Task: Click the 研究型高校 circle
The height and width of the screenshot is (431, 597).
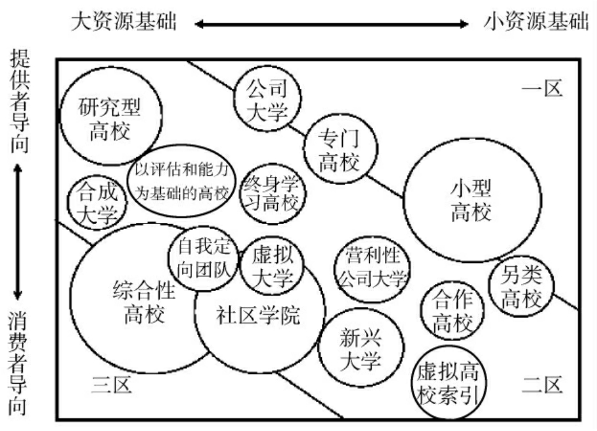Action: tap(105, 120)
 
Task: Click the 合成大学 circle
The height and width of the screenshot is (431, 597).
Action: tap(98, 202)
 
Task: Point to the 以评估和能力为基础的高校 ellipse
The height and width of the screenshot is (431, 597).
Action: tap(182, 181)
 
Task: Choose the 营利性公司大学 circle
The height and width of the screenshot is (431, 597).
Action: tap(372, 267)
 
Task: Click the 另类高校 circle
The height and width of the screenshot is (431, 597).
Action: tap(521, 288)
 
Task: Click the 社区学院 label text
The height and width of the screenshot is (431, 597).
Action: tap(258, 315)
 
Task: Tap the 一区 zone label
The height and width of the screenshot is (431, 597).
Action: tap(541, 88)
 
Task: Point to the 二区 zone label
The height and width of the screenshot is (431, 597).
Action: tap(541, 385)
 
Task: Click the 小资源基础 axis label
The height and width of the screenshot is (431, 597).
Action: tap(536, 23)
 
